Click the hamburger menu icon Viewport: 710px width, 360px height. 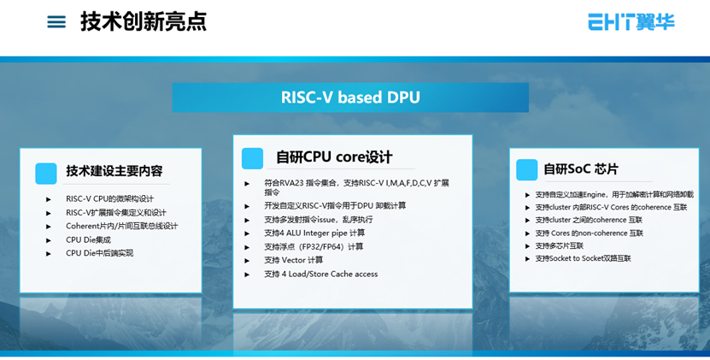pyautogui.click(x=56, y=21)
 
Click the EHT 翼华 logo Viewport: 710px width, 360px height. pyautogui.click(x=631, y=21)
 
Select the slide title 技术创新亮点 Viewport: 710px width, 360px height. pyautogui.click(x=144, y=21)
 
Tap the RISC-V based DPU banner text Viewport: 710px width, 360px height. pyautogui.click(x=350, y=97)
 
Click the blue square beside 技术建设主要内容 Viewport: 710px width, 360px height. pyautogui.click(x=46, y=174)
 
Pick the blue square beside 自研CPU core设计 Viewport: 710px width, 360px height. pyautogui.click(x=252, y=159)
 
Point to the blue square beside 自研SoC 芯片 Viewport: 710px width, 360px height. pyautogui.click(x=526, y=170)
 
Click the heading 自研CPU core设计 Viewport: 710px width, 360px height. pyautogui.click(x=334, y=157)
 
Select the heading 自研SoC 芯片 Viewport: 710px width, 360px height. pyautogui.click(x=581, y=169)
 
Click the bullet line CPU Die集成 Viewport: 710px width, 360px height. pyautogui.click(x=88, y=239)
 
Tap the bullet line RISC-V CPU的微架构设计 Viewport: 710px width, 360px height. pyautogui.click(x=109, y=198)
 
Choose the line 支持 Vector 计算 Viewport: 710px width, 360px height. pyautogui.click(x=293, y=260)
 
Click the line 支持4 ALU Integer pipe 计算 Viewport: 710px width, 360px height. pyautogui.click(x=314, y=233)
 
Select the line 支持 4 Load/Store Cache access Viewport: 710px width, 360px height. pyautogui.click(x=321, y=274)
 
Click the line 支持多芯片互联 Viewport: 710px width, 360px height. pyautogui.click(x=560, y=245)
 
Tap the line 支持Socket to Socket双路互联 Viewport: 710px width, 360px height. pyautogui.click(x=584, y=258)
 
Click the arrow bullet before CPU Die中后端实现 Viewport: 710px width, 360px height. pyautogui.click(x=49, y=253)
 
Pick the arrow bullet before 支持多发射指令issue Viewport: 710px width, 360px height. pyautogui.click(x=247, y=220)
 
